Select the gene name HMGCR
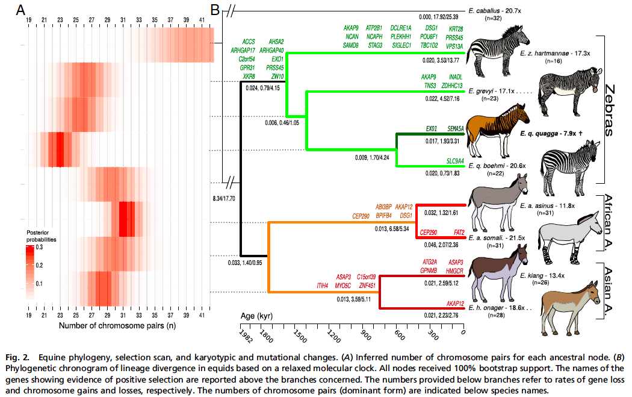tap(451, 270)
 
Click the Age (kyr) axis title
tap(253, 315)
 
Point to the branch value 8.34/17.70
tap(224, 198)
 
